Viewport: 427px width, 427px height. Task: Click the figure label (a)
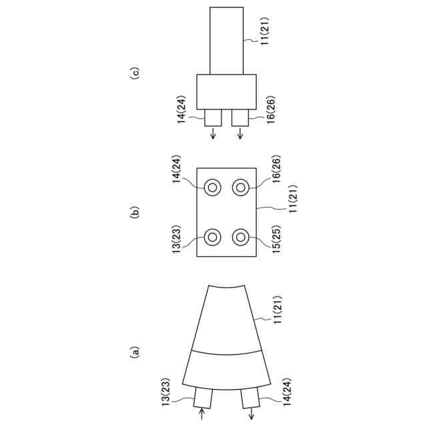134,352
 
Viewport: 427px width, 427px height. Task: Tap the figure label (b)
134,212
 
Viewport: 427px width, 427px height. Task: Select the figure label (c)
134,73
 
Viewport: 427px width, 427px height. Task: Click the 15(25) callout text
276,239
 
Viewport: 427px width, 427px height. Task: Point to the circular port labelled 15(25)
240,238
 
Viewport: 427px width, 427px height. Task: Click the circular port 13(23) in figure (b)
212,238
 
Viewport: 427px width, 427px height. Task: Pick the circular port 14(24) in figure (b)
212,187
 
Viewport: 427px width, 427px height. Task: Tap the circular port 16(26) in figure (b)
240,187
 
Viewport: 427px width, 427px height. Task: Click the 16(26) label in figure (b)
276,169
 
